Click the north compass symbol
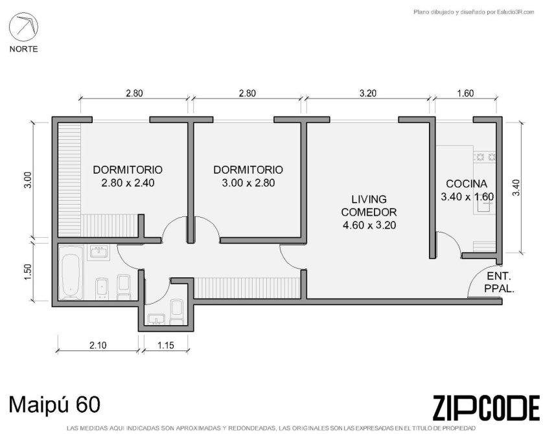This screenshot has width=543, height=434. click(23, 27)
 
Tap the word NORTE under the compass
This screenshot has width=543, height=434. click(23, 49)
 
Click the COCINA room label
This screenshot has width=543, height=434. click(467, 184)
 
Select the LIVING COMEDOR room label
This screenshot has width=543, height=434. click(369, 205)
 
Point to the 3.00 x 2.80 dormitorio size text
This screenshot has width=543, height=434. click(248, 183)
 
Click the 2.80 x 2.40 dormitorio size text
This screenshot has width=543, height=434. click(128, 183)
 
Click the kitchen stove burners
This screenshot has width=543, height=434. click(485, 157)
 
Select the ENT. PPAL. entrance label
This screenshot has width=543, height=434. click(499, 282)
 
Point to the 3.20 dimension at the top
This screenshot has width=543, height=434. click(368, 93)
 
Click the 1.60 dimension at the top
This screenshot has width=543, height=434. click(465, 93)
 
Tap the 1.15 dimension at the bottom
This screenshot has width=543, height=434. click(165, 345)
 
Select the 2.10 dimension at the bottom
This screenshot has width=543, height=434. click(98, 345)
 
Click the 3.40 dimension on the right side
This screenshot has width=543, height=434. click(516, 187)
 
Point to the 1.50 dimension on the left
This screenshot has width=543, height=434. click(28, 272)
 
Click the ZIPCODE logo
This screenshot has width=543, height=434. click(486, 407)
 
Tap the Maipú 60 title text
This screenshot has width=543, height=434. click(54, 405)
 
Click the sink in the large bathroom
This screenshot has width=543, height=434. click(99, 251)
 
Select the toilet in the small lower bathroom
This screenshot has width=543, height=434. click(177, 312)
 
